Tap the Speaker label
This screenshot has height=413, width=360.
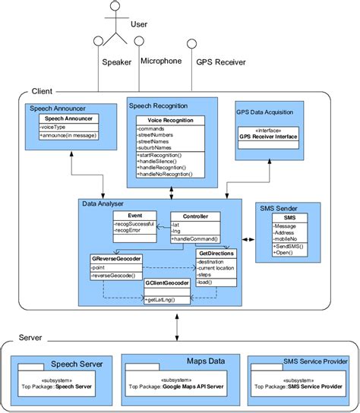pos(117,63)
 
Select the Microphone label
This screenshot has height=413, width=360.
pos(161,61)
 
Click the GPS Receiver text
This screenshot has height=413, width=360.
pos(221,64)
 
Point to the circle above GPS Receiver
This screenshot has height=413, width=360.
pos(192,44)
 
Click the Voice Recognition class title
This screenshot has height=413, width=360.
pos(170,120)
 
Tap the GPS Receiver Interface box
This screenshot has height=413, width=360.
pos(268,137)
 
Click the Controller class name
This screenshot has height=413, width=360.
pos(195,216)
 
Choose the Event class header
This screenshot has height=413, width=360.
pos(135,216)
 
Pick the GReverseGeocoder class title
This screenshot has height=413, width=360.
pos(117,258)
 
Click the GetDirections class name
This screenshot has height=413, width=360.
pos(216,254)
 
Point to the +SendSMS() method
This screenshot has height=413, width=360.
pos(289,247)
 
